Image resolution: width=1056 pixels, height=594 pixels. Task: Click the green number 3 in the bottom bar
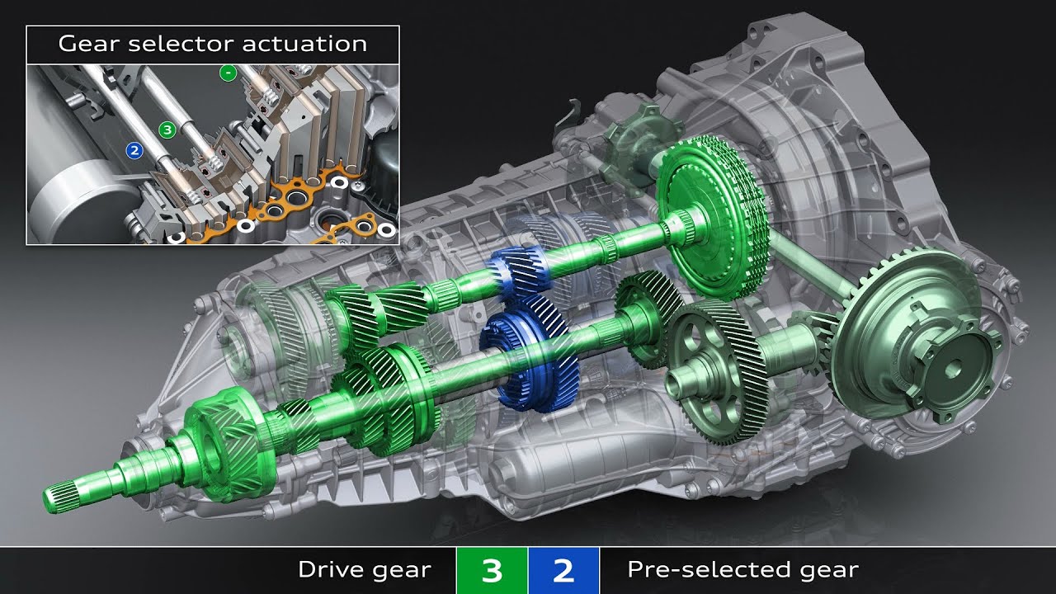pos(492,571)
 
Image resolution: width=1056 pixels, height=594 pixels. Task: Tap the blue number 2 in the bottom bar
pos(563,571)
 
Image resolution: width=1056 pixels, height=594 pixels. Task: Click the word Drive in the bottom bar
pos(332,569)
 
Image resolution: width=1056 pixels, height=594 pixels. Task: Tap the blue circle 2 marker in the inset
pos(134,150)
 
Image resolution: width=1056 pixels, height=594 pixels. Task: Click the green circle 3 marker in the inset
pos(167,130)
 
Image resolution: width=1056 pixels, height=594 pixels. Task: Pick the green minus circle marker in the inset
pos(229,73)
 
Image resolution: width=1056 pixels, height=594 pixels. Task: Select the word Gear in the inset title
pos(83,44)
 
